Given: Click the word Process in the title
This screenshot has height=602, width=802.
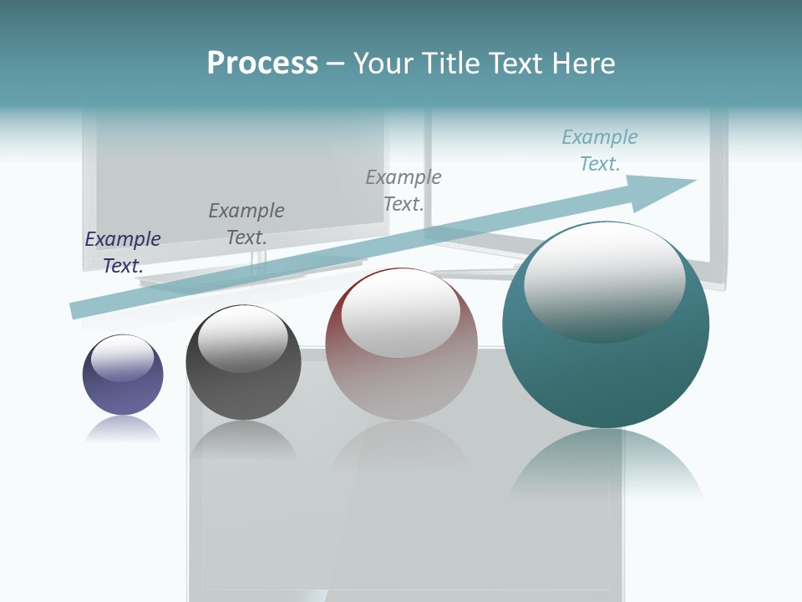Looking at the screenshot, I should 262,64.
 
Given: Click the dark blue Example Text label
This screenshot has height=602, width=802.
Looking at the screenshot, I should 123,252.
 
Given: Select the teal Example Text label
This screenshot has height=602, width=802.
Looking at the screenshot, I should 600,150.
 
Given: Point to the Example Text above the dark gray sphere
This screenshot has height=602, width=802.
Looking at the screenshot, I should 246,223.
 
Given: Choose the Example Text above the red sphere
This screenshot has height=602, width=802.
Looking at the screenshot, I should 404,190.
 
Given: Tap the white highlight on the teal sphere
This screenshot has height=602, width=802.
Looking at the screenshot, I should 604,282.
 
